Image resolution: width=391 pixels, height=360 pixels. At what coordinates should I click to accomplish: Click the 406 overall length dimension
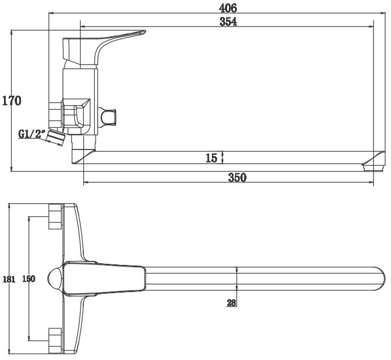[228, 8]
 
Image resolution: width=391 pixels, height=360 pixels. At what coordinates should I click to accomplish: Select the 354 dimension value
[228, 22]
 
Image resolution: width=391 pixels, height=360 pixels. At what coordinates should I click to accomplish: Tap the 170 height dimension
[12, 101]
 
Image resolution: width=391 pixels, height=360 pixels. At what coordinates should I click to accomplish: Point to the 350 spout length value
[237, 177]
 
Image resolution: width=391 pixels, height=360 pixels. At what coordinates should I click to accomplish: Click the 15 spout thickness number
[211, 158]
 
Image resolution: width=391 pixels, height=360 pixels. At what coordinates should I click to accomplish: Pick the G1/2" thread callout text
[32, 134]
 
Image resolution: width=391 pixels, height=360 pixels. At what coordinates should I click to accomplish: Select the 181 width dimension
[8, 279]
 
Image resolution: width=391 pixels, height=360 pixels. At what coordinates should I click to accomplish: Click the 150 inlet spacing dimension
[29, 278]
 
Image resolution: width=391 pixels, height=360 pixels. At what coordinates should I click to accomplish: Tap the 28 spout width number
[231, 303]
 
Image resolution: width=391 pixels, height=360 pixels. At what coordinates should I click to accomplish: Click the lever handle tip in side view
[144, 32]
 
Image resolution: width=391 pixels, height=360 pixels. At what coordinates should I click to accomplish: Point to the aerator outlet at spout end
[373, 168]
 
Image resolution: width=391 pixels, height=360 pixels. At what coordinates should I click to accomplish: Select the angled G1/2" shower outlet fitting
[56, 138]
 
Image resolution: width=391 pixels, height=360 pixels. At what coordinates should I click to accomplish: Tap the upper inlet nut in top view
[55, 216]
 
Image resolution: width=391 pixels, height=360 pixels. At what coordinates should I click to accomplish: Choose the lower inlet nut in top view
[55, 341]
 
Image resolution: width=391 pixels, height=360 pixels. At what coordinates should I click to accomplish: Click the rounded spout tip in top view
[381, 279]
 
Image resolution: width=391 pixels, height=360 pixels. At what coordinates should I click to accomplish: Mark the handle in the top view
[104, 278]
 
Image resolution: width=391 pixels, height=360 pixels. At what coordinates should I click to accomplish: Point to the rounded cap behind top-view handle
[56, 278]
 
